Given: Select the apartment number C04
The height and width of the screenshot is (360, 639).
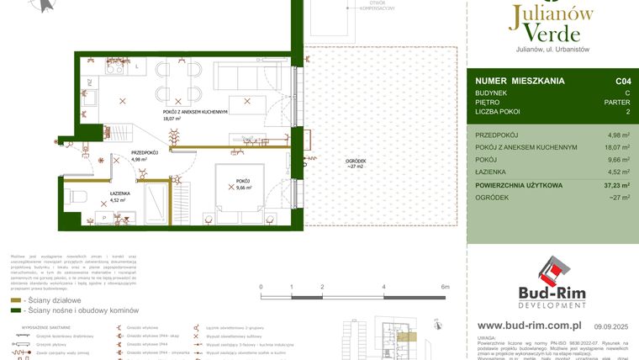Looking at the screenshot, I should (x=622, y=81).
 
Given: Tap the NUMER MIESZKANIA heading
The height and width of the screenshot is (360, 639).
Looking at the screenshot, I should (x=520, y=81).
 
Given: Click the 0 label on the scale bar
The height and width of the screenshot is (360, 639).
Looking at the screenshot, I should (x=261, y=287).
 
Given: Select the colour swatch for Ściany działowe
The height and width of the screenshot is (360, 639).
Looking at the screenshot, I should (x=15, y=300).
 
